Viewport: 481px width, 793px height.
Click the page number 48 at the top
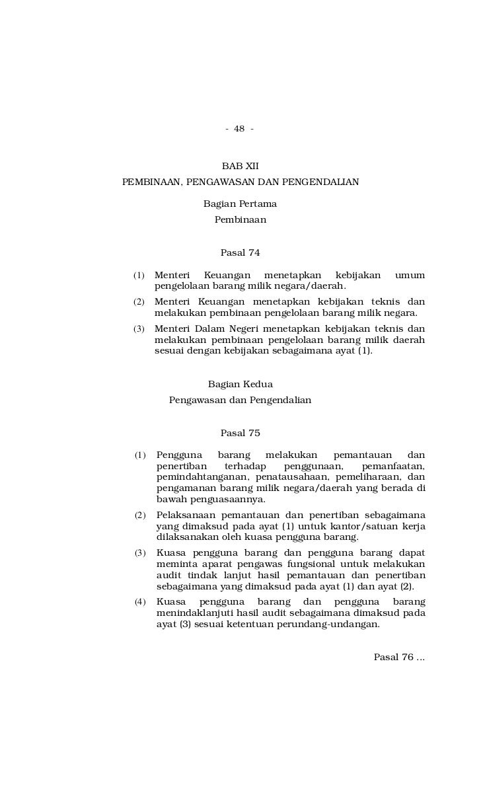click(239, 128)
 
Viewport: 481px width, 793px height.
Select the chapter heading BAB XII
click(240, 165)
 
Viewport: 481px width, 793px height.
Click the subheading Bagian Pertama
click(240, 204)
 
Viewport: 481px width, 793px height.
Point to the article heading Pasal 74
click(240, 252)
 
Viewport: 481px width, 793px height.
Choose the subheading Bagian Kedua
click(240, 384)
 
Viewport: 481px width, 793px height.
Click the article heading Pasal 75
click(240, 434)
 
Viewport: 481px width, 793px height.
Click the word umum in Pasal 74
click(410, 275)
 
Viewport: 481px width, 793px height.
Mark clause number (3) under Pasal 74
click(139, 329)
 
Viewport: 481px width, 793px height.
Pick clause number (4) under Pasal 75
click(140, 602)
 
